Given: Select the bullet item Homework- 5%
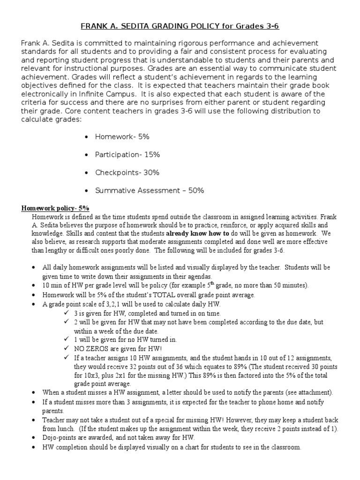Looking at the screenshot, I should tap(122, 137).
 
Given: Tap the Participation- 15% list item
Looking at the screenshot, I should tap(127, 155).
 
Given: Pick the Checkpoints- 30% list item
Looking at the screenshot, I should tap(127, 172).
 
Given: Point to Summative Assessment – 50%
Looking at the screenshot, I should tap(149, 190).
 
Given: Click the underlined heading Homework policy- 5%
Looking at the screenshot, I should tap(56, 208).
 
